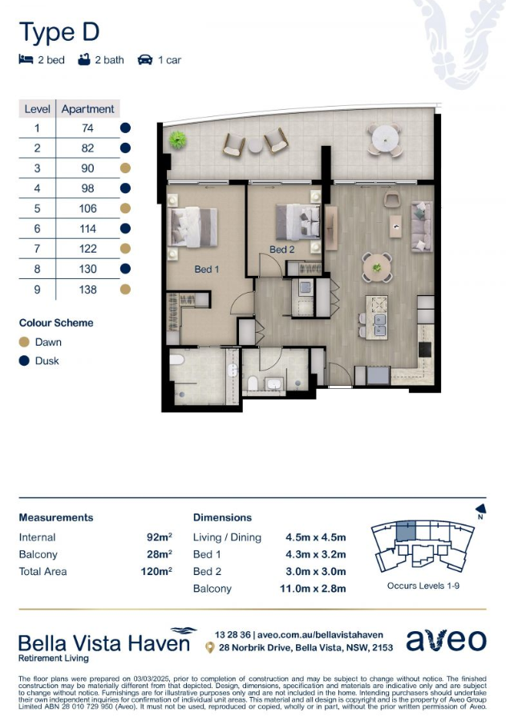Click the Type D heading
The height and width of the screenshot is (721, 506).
[59, 32]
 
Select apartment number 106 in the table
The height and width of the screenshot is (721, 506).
[87, 209]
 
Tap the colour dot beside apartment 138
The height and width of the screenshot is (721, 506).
[125, 290]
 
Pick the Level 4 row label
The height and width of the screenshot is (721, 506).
[37, 188]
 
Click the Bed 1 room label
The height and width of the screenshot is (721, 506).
[206, 269]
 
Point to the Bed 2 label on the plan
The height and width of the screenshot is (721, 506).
[281, 249]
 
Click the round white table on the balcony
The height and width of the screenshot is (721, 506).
[384, 139]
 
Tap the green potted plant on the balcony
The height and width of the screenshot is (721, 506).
[177, 140]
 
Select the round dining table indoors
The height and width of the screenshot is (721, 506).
[377, 267]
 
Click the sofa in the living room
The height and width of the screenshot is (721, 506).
[422, 226]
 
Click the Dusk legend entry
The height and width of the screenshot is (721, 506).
[39, 361]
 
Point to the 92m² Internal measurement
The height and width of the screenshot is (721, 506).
[160, 537]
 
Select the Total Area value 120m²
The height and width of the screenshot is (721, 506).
[156, 571]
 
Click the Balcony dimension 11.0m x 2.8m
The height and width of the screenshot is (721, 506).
[313, 589]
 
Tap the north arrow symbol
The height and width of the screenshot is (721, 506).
[480, 508]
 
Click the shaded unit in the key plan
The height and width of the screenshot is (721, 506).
[406, 531]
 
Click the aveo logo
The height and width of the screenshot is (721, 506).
[446, 641]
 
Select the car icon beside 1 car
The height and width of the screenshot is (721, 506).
[145, 60]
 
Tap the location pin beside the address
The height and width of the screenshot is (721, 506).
[209, 648]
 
